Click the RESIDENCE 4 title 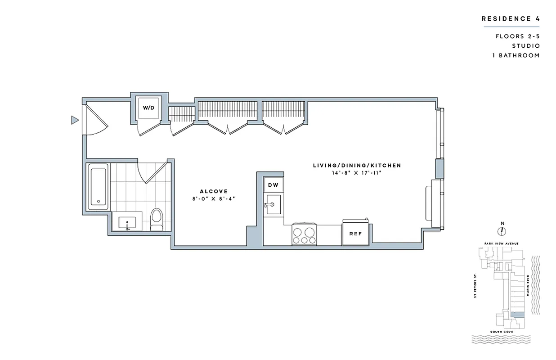pos(510,19)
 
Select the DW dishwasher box pos(273,185)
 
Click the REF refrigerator pos(356,234)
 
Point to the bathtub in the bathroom pos(98,185)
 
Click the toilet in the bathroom pos(157,219)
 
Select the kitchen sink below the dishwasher pos(273,205)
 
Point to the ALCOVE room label pos(208,191)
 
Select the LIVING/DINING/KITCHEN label pos(357,166)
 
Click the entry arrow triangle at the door pos(75,120)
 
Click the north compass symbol pos(502,230)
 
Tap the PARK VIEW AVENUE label pos(502,243)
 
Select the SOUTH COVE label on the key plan pos(502,332)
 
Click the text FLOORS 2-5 pos(518,36)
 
